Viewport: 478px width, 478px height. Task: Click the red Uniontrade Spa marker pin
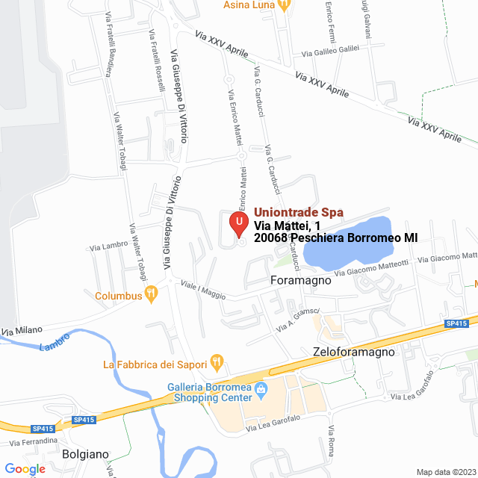(239, 223)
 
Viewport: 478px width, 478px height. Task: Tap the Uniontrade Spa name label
(299, 212)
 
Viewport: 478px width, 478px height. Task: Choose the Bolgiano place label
(86, 454)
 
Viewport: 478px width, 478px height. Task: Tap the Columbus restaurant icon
(152, 295)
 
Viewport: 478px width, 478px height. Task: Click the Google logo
(25, 469)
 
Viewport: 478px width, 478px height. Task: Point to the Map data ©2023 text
(445, 471)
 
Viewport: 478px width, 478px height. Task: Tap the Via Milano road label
(22, 329)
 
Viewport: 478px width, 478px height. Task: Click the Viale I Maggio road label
(202, 290)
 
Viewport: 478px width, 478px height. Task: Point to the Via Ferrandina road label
(33, 441)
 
